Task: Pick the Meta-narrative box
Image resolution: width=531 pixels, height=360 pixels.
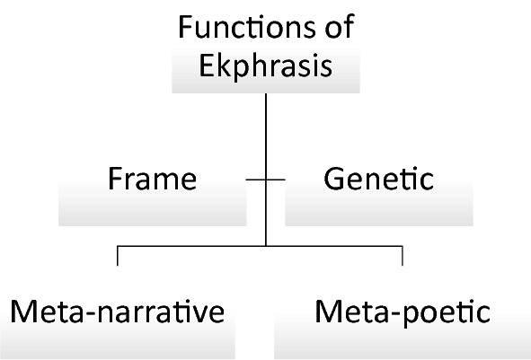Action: [x=117, y=323]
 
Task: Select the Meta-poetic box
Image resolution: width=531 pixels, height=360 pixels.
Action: [x=403, y=323]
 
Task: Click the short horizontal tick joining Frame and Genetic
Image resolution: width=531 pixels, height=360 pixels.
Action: [x=265, y=180]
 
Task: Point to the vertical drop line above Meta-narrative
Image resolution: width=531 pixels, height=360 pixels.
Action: [x=118, y=256]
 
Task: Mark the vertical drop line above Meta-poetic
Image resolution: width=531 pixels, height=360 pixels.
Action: [x=402, y=256]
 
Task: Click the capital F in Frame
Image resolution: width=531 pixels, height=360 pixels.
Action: [x=115, y=180]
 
